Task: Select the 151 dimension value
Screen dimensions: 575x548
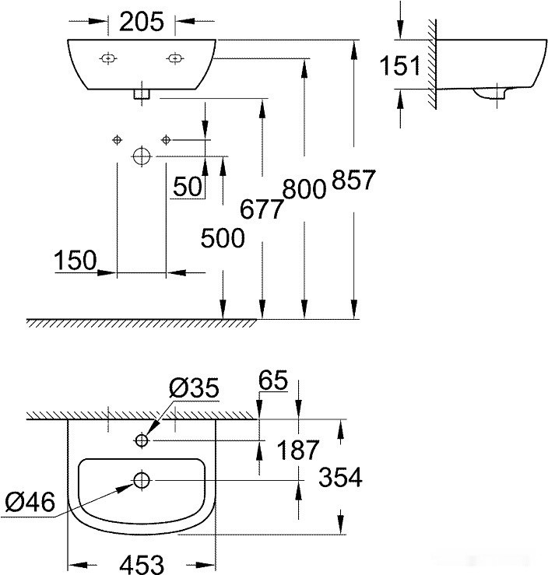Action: tap(400, 66)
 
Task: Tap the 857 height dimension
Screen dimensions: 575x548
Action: tap(353, 181)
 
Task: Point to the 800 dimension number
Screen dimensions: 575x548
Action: tap(304, 189)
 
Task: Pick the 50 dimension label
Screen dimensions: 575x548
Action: tap(188, 186)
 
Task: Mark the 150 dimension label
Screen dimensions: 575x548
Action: tap(75, 261)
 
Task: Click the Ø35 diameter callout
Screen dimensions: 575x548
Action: tap(195, 387)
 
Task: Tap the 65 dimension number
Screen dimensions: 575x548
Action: tap(273, 381)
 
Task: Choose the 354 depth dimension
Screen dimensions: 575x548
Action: tap(341, 477)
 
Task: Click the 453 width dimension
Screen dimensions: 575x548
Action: tap(142, 562)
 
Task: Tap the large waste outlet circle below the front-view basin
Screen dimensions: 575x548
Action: tap(141, 156)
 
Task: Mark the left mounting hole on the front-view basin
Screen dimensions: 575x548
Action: tap(108, 58)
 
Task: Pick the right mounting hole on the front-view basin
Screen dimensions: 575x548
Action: tap(175, 58)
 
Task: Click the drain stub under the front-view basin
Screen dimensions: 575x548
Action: tap(141, 94)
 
